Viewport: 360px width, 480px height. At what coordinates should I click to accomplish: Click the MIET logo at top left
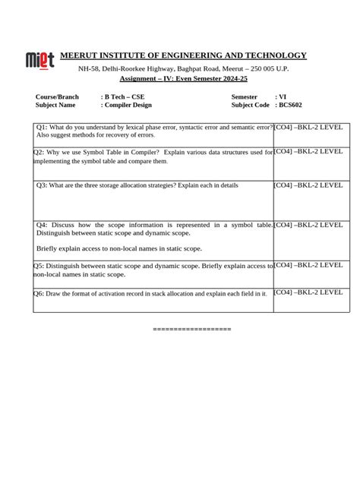click(x=39, y=59)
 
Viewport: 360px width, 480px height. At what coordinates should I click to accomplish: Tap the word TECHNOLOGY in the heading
click(x=275, y=55)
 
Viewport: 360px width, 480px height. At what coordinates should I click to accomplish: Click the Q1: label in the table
click(x=43, y=128)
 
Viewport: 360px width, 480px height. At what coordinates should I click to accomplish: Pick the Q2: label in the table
click(x=39, y=153)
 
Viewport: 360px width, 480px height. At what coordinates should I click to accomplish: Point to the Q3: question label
click(x=43, y=185)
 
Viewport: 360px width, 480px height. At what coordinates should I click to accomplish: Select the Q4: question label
click(x=43, y=226)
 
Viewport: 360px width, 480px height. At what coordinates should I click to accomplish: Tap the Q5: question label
click(x=39, y=267)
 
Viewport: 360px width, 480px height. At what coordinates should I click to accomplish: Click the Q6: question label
click(x=39, y=293)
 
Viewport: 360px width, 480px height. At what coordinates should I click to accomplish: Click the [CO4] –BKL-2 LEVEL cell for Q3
click(x=308, y=185)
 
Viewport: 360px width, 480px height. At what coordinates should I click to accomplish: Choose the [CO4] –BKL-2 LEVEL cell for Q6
click(x=308, y=292)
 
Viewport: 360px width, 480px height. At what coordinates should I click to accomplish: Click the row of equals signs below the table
click(x=191, y=329)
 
